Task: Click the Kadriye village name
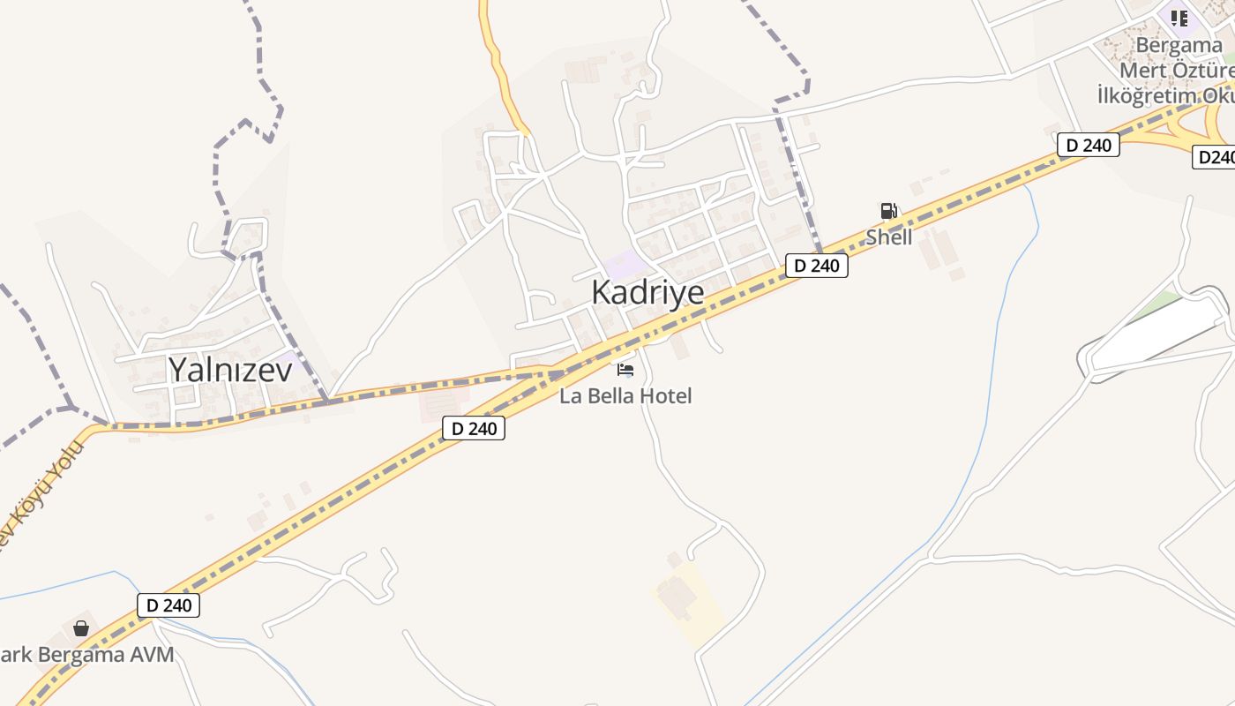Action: (647, 292)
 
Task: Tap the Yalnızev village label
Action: (229, 369)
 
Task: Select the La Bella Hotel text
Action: (625, 395)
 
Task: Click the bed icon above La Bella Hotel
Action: (625, 370)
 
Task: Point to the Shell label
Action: (888, 237)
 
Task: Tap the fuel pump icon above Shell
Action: (888, 211)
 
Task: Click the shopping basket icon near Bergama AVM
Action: (81, 628)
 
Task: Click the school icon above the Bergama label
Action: (1179, 18)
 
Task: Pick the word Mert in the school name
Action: (1143, 70)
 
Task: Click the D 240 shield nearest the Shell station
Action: (816, 265)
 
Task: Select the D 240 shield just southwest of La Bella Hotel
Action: (474, 429)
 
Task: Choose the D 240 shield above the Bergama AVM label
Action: (168, 605)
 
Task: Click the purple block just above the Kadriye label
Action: (626, 263)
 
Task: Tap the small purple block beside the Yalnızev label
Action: (288, 360)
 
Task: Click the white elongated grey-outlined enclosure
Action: (1156, 332)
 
